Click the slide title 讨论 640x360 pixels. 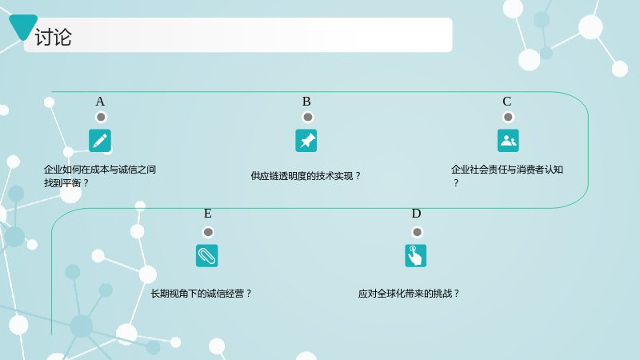click(x=53, y=38)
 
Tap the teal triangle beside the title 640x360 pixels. click(x=23, y=26)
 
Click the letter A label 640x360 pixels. click(x=100, y=102)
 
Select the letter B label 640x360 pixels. click(x=306, y=102)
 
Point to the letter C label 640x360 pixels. click(x=507, y=102)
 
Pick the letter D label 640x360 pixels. click(x=416, y=214)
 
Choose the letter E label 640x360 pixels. click(x=208, y=214)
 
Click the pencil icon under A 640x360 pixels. click(x=100, y=141)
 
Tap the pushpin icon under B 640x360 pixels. click(x=306, y=141)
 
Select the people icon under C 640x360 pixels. click(x=508, y=141)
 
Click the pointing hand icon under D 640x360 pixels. click(x=415, y=255)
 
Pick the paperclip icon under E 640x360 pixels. click(x=207, y=255)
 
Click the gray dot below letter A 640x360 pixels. click(x=101, y=117)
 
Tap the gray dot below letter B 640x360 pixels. click(x=308, y=117)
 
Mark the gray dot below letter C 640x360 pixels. click(x=508, y=117)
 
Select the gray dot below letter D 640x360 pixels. click(x=417, y=232)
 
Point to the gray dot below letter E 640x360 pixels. click(x=208, y=232)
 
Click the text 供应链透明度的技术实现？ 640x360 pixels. click(x=306, y=176)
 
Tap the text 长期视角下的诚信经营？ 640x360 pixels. click(x=202, y=294)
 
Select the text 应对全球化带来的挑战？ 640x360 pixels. click(x=409, y=294)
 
